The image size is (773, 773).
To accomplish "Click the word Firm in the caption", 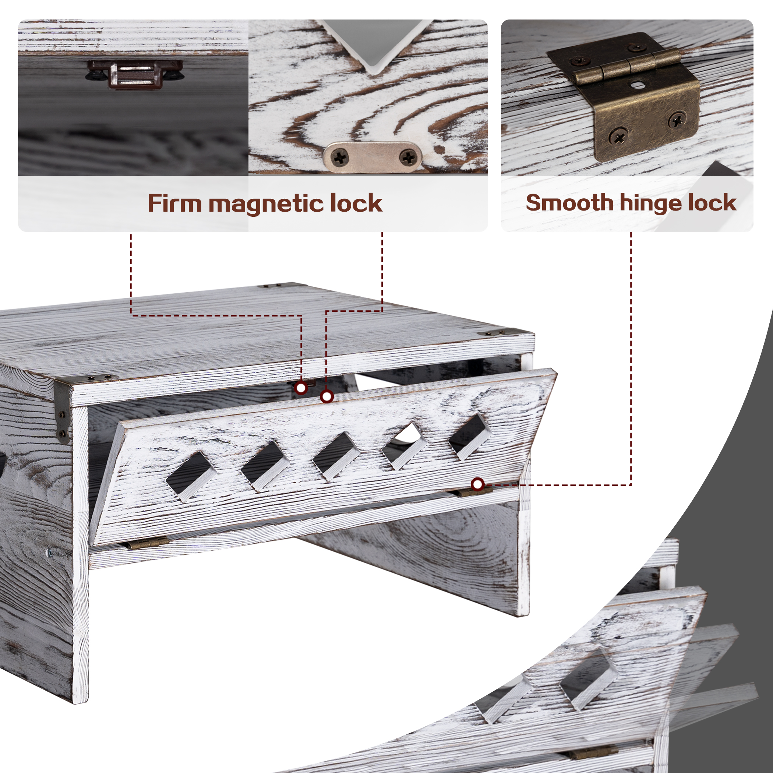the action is (x=174, y=203).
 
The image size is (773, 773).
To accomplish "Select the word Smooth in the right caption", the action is (x=569, y=202).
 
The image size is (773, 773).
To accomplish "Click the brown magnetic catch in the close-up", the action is (x=135, y=74).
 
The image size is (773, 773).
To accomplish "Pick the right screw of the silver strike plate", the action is (x=408, y=157).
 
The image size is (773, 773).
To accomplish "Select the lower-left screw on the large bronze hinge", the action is (x=618, y=136).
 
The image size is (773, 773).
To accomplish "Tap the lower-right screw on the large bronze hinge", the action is (x=677, y=120).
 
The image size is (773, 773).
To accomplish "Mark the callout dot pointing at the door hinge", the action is (x=477, y=484).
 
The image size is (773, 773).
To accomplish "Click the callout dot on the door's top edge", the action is (x=327, y=396).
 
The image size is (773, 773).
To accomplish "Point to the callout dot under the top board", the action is (x=301, y=388).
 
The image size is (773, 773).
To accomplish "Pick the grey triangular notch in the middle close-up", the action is (x=376, y=42).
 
